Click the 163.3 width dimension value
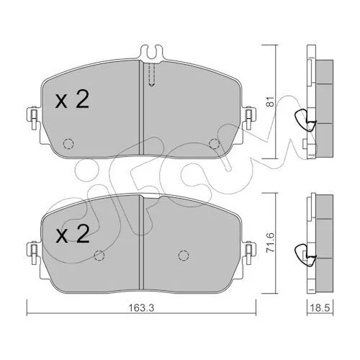click(x=142, y=307)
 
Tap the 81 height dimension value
click(x=271, y=102)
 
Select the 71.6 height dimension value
click(x=271, y=243)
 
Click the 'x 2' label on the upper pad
click(x=72, y=99)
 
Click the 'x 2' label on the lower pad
click(x=72, y=234)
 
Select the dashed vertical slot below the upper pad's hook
click(x=151, y=74)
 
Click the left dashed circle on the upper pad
click(x=68, y=144)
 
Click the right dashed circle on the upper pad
click(x=214, y=143)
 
